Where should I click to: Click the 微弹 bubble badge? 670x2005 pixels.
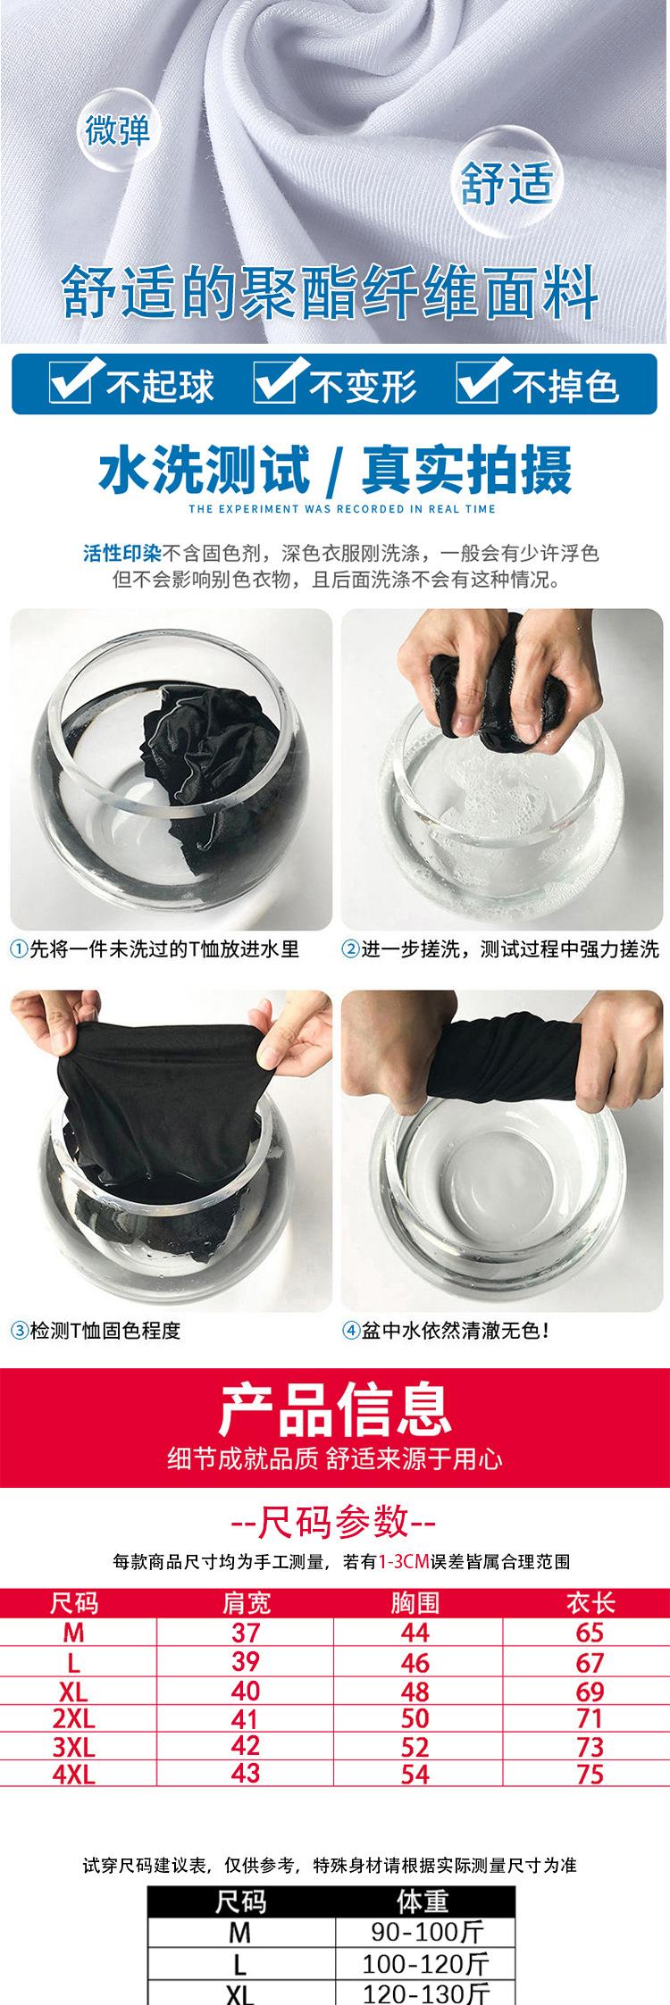coord(118,130)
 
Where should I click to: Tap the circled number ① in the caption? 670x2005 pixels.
coord(19,948)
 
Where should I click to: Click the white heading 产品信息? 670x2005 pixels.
coord(335,1409)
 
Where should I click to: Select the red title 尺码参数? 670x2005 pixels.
coord(334,1521)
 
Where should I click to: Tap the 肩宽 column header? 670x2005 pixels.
coord(246,1603)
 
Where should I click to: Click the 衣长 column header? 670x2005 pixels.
coord(590,1603)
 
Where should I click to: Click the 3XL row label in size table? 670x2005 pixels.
coord(74,1746)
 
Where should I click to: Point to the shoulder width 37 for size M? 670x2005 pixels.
coord(246,1633)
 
